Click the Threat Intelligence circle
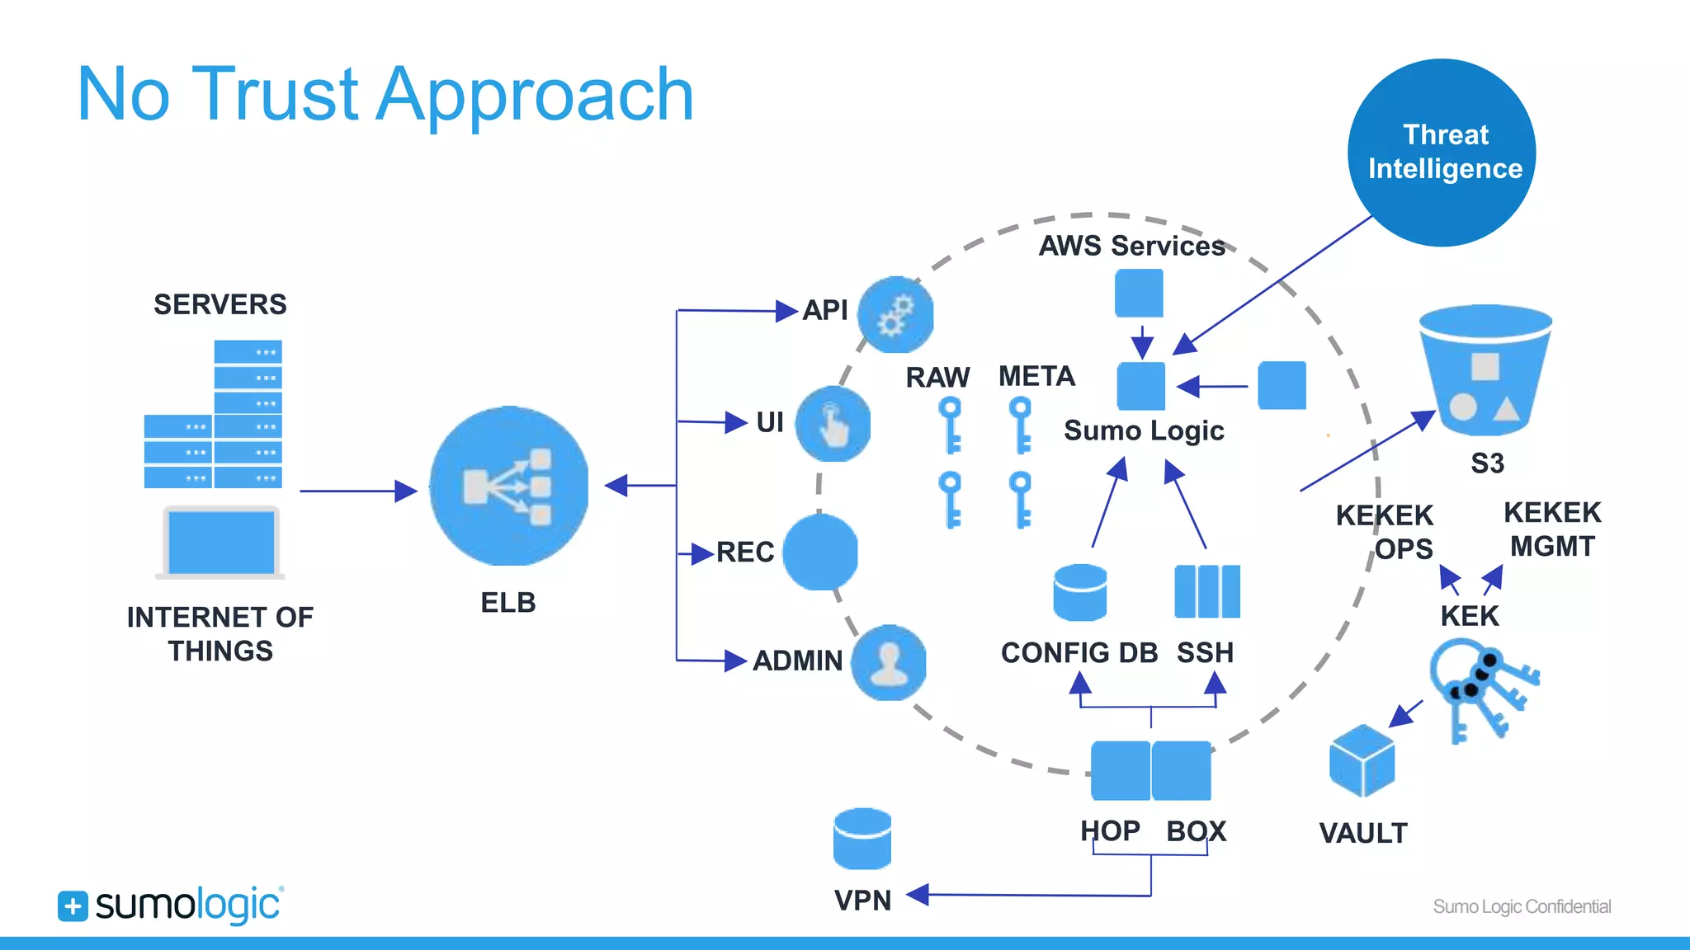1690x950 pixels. (x=1442, y=153)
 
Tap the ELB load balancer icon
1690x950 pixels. (x=509, y=486)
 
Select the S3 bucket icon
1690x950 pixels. (x=1485, y=371)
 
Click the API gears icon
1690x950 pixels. (x=895, y=315)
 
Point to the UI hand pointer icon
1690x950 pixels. (x=833, y=424)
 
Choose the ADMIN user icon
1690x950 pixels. (x=889, y=663)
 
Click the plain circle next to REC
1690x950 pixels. (x=819, y=552)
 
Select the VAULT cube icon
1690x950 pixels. (x=1362, y=761)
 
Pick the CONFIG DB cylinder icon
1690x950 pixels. (x=1079, y=592)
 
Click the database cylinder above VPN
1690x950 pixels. (x=862, y=839)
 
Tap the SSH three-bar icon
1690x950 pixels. (x=1206, y=591)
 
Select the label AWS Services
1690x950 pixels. (x=1131, y=246)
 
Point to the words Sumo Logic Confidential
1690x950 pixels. (x=1521, y=906)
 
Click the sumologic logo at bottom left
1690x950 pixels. (x=171, y=905)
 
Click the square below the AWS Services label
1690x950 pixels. (x=1139, y=294)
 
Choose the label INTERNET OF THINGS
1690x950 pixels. (x=220, y=633)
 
